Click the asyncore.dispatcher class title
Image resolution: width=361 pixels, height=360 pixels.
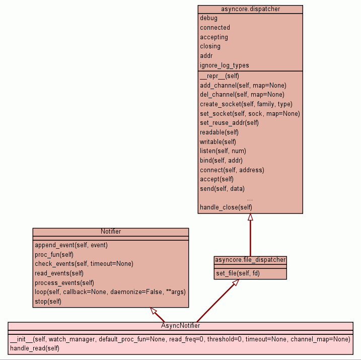pos(250,9)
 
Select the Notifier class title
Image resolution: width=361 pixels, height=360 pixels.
pos(110,232)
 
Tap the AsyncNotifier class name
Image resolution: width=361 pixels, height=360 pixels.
pos(180,325)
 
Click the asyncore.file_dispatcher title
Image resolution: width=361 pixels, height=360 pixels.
pos(250,260)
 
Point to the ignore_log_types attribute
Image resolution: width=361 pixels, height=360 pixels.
pos(225,65)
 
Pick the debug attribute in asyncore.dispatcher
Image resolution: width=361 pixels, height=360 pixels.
pos(209,18)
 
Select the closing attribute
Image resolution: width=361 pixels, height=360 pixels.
pos(210,46)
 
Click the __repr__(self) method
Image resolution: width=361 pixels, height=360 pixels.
pos(219,76)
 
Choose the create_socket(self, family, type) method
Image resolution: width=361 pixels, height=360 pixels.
pos(246,104)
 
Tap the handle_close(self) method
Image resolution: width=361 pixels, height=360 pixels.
pos(226,207)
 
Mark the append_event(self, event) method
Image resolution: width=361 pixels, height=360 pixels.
pos(71,245)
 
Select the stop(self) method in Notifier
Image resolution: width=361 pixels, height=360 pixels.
pos(48,302)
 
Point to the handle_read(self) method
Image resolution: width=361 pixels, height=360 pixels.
pos(35,348)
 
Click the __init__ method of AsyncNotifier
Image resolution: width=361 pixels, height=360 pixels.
pos(180,339)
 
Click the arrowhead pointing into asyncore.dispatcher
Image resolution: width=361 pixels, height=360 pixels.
pos(250,218)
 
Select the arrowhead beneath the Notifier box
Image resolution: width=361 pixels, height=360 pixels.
pos(155,311)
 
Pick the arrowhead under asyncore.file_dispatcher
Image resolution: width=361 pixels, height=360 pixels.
pos(234,283)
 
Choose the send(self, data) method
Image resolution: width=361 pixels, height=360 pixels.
pos(222,189)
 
